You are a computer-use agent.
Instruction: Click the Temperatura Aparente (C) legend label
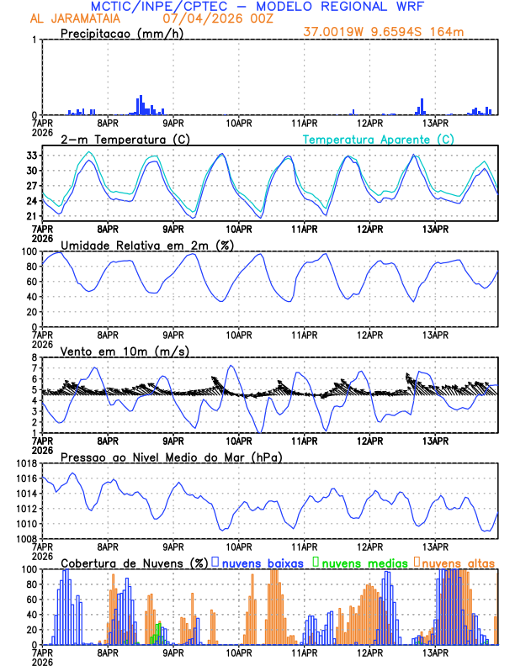coord(379,139)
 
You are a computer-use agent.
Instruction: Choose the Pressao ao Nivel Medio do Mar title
coord(171,457)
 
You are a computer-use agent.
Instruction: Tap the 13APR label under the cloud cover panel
coord(435,653)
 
